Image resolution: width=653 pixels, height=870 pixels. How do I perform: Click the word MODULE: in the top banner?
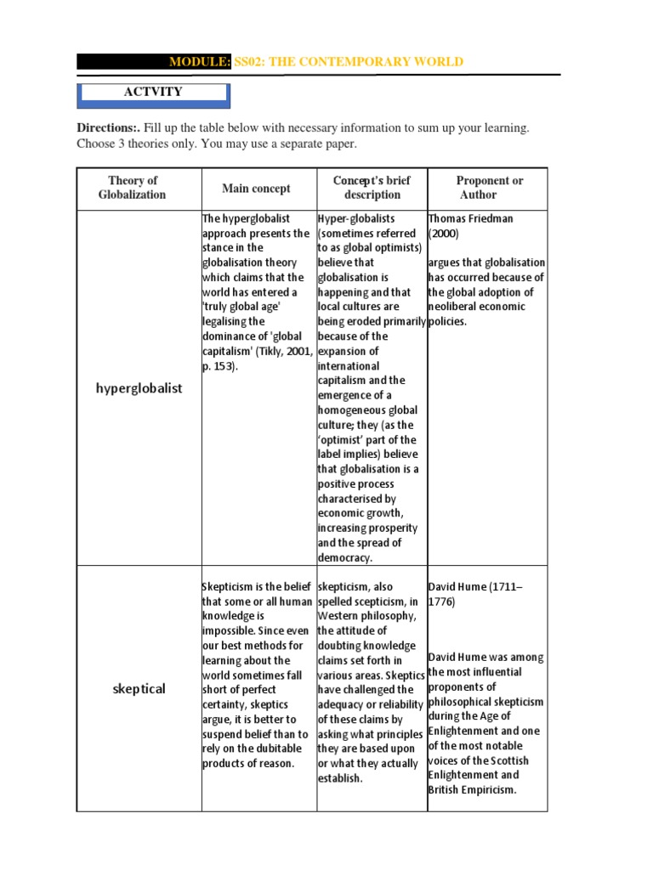click(x=200, y=61)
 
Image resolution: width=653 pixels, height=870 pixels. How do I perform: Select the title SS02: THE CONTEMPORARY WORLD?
click(x=349, y=61)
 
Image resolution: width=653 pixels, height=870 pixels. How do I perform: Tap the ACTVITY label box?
click(x=153, y=92)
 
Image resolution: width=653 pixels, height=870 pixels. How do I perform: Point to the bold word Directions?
click(x=108, y=127)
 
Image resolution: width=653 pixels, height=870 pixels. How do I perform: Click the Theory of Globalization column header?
click(x=133, y=188)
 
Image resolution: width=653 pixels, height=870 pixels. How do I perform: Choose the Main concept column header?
click(x=256, y=189)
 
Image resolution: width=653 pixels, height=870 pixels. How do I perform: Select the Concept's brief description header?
click(x=372, y=188)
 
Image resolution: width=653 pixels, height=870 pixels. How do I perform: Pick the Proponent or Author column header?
click(x=489, y=188)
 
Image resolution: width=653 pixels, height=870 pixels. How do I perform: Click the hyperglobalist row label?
click(x=139, y=387)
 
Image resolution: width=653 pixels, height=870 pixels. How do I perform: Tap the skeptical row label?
click(x=139, y=688)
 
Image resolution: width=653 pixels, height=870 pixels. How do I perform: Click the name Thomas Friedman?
click(x=471, y=218)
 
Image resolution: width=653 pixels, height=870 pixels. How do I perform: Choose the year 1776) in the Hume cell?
click(x=441, y=602)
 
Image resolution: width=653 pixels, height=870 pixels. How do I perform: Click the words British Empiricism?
click(x=472, y=789)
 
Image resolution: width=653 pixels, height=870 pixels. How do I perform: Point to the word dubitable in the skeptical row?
click(x=281, y=749)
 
